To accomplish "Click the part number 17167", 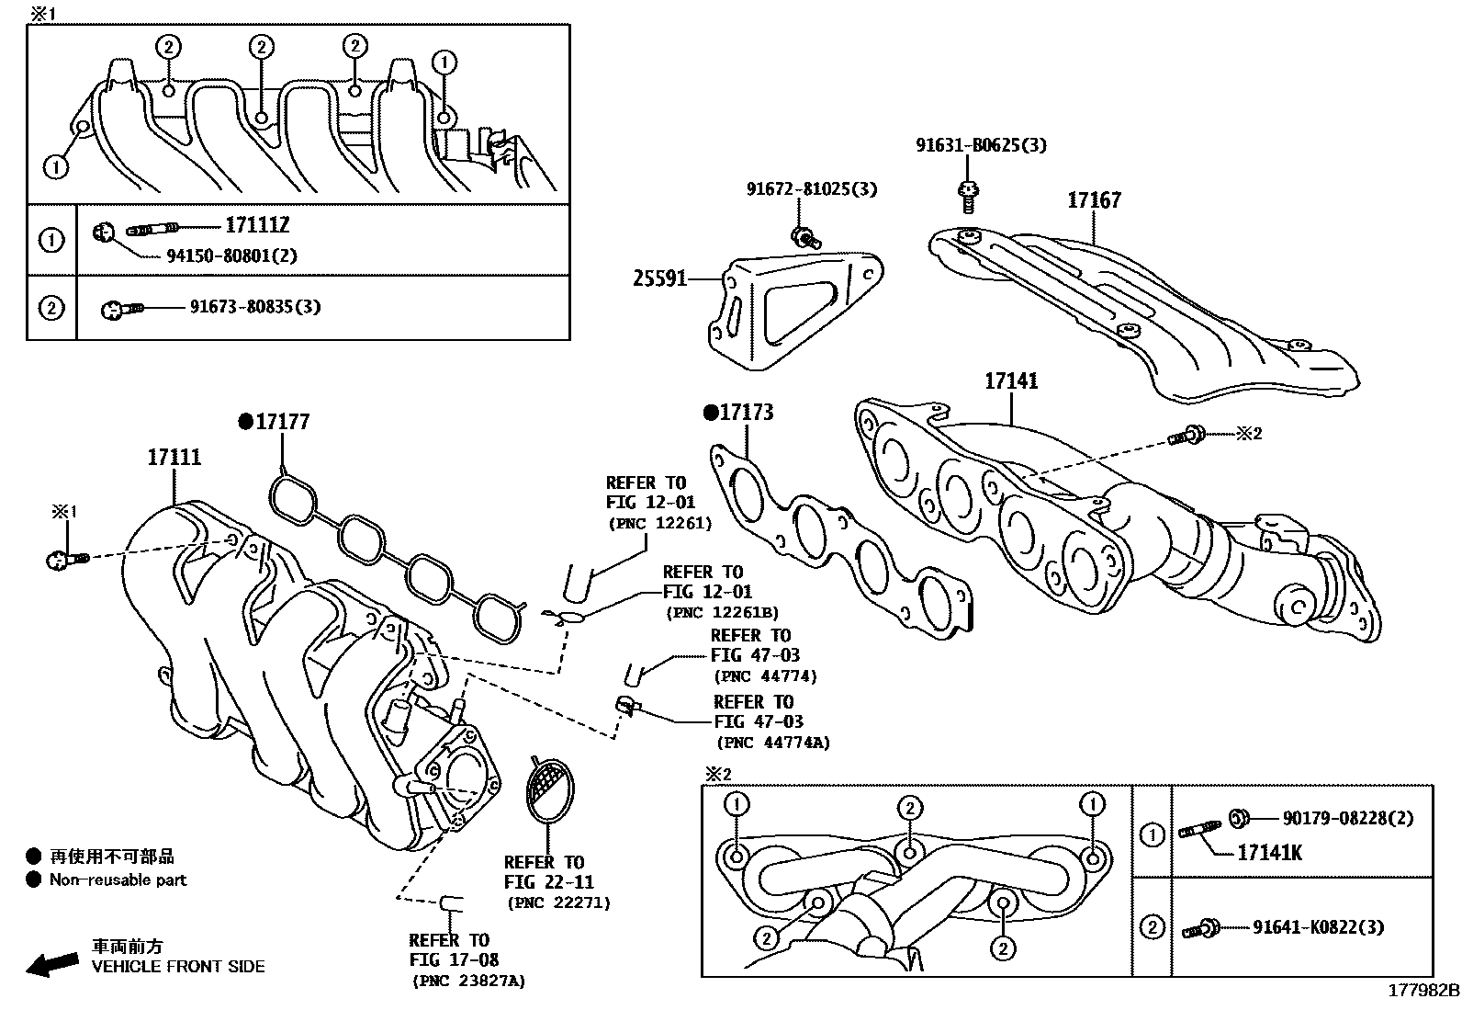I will (1093, 200).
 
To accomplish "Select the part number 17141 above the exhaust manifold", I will (1011, 380).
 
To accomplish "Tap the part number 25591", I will (659, 278).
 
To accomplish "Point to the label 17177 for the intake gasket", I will (282, 422).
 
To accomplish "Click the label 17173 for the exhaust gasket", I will (746, 413).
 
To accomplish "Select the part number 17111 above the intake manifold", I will (174, 457).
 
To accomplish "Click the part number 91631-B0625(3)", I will (981, 145).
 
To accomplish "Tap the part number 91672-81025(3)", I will (811, 189).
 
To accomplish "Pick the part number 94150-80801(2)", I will (231, 255).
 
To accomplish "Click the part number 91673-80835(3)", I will (255, 307).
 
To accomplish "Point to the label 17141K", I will (1269, 853).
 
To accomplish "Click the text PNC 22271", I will (558, 902).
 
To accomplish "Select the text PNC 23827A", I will (468, 981).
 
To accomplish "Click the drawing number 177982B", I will (1423, 991).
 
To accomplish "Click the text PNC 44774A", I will (772, 743).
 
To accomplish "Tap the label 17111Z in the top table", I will (257, 226).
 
